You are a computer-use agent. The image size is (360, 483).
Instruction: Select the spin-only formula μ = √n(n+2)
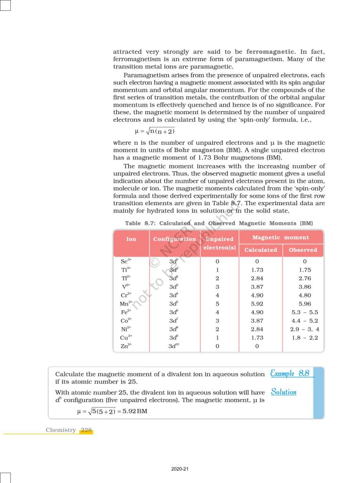point(155,131)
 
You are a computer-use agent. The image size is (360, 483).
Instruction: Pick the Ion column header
point(131,239)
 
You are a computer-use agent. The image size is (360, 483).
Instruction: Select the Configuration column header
point(174,239)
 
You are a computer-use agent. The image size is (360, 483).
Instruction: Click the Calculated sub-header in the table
point(261,250)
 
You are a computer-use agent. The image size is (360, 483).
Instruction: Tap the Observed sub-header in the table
point(303,250)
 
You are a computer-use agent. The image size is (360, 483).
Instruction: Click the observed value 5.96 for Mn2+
point(304,304)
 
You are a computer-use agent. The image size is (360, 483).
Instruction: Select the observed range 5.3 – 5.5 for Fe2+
point(304,312)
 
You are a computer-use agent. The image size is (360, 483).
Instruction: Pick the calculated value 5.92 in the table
point(257,304)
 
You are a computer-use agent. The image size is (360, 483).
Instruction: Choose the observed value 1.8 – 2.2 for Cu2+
point(304,338)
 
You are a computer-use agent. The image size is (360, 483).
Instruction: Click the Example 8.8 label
point(290,374)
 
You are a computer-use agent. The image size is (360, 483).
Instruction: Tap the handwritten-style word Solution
point(284,392)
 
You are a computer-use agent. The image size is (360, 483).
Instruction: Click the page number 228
point(86,430)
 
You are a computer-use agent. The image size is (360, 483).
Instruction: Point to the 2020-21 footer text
point(180,469)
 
